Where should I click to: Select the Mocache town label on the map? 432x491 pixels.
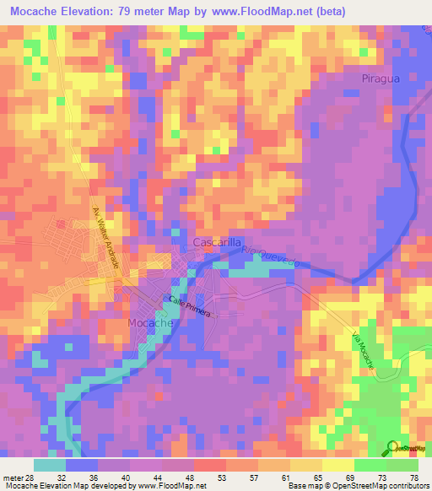point(150,323)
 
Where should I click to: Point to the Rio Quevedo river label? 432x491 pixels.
point(273,258)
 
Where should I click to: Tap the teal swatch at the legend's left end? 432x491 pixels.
point(50,464)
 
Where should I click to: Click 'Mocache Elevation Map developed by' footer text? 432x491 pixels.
point(67,486)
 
